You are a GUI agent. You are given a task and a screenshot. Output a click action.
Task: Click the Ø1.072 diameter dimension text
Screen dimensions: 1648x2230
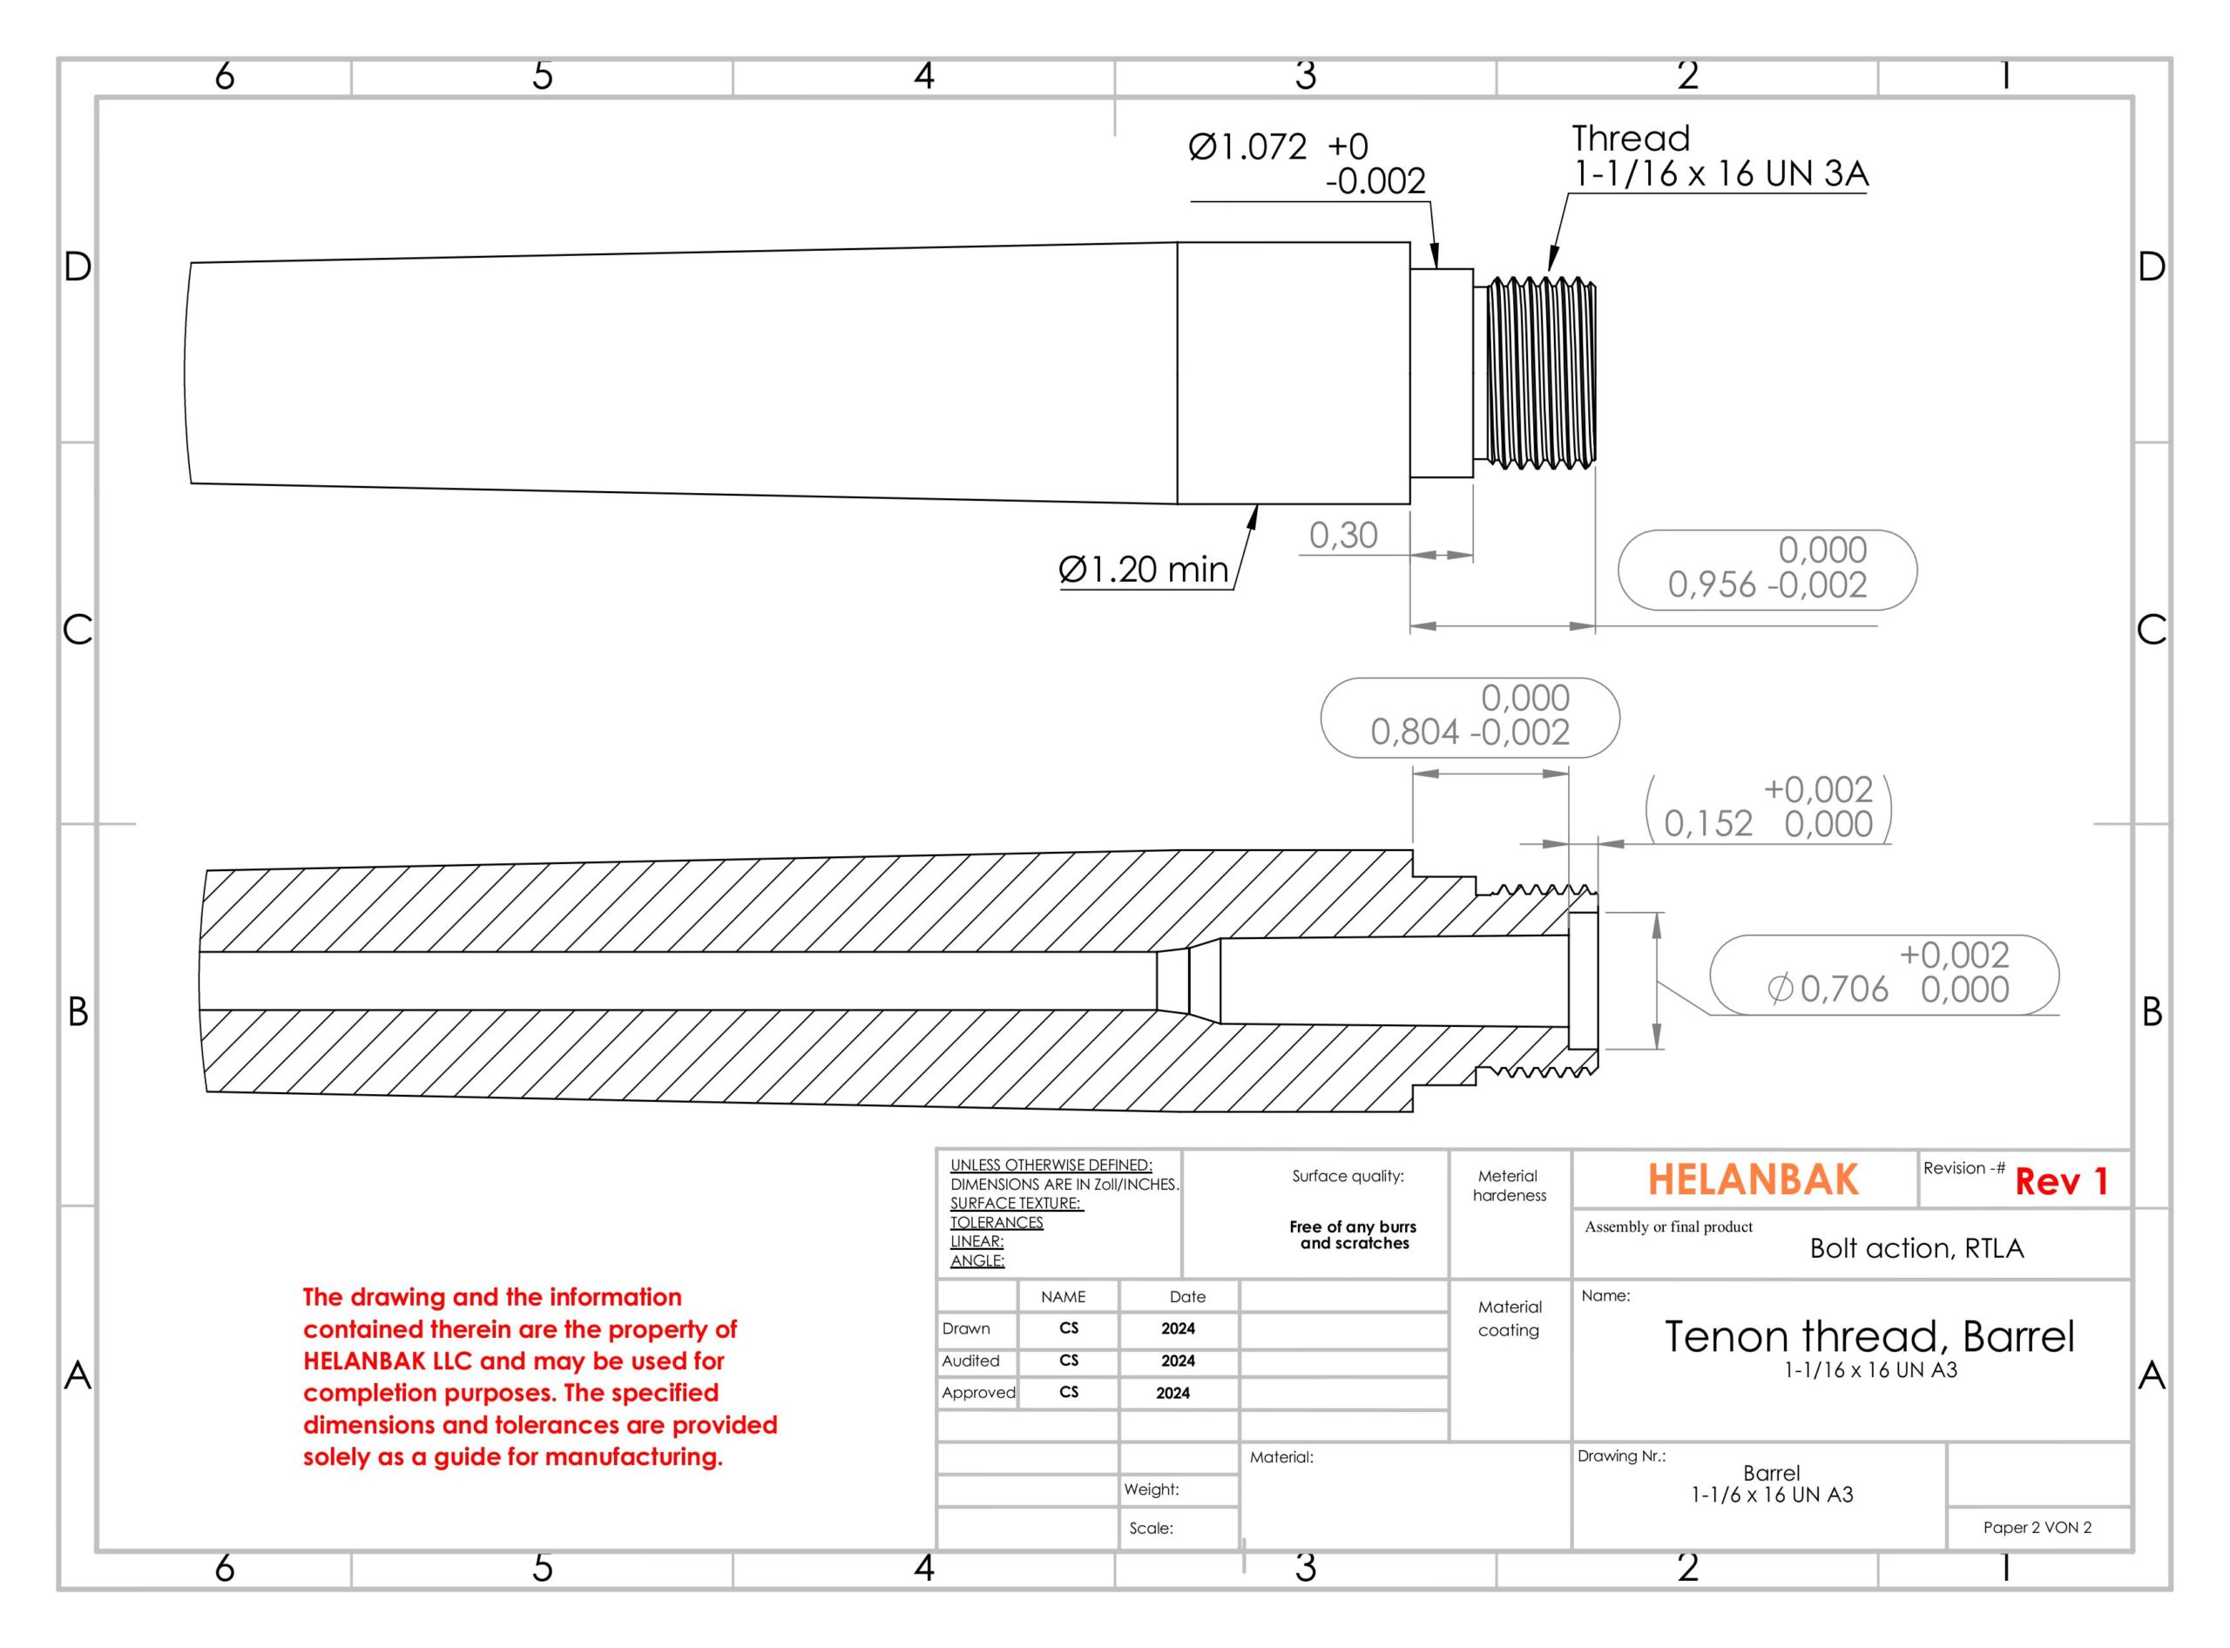click(1247, 148)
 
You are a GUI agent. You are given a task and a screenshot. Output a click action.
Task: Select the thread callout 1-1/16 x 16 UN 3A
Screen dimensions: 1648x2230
click(1720, 173)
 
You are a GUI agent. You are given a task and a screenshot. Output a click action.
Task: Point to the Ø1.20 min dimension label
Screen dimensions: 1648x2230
click(1144, 570)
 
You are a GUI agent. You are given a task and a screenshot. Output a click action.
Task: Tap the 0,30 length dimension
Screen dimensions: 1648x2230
click(1343, 536)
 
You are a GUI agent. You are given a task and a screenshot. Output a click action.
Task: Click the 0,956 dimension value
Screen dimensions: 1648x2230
click(1713, 584)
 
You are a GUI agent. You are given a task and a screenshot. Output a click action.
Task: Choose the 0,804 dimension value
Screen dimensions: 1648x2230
click(1415, 733)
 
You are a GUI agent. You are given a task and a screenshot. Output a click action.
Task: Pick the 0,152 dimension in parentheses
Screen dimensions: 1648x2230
click(1708, 823)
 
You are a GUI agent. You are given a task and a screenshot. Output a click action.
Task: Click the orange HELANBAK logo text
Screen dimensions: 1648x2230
click(1752, 1179)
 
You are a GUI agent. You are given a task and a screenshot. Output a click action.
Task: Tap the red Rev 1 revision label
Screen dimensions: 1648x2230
click(2060, 1181)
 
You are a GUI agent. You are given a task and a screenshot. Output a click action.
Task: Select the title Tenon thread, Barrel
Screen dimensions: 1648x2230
click(1868, 1336)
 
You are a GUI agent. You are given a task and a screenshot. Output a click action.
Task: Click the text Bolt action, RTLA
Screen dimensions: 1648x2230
click(1916, 1248)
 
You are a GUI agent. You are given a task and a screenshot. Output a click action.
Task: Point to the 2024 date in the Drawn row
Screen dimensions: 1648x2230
click(1178, 1329)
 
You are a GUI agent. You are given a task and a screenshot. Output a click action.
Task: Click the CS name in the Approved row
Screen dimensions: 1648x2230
click(1069, 1392)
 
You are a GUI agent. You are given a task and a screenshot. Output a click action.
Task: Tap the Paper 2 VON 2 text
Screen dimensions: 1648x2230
click(2037, 1527)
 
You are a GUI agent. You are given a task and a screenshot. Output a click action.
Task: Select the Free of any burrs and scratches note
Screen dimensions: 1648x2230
click(1354, 1235)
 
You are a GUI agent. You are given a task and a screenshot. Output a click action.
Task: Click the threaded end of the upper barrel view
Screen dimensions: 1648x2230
click(1542, 373)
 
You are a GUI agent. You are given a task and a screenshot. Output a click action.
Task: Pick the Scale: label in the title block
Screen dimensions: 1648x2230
click(1151, 1529)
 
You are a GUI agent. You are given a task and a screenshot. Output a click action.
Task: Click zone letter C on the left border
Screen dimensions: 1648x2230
click(77, 631)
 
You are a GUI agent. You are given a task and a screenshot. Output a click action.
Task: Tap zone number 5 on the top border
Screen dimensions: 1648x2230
click(542, 76)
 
